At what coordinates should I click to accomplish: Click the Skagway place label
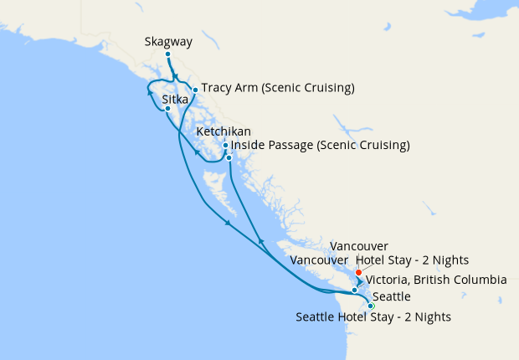click(167, 40)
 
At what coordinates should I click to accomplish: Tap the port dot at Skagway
click(167, 54)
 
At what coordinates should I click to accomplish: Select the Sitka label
click(174, 99)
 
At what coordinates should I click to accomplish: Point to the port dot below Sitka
click(167, 109)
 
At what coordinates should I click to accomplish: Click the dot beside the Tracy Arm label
click(195, 90)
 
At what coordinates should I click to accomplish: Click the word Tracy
click(216, 88)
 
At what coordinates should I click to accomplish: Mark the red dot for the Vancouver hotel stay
click(358, 272)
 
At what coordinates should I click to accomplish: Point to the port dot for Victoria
click(355, 291)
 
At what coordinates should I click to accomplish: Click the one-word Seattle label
click(392, 297)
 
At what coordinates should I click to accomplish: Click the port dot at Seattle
click(371, 306)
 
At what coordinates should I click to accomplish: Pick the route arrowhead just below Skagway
click(176, 76)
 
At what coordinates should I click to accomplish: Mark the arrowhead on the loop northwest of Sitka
click(151, 92)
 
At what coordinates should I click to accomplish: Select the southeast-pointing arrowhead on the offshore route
click(228, 223)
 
